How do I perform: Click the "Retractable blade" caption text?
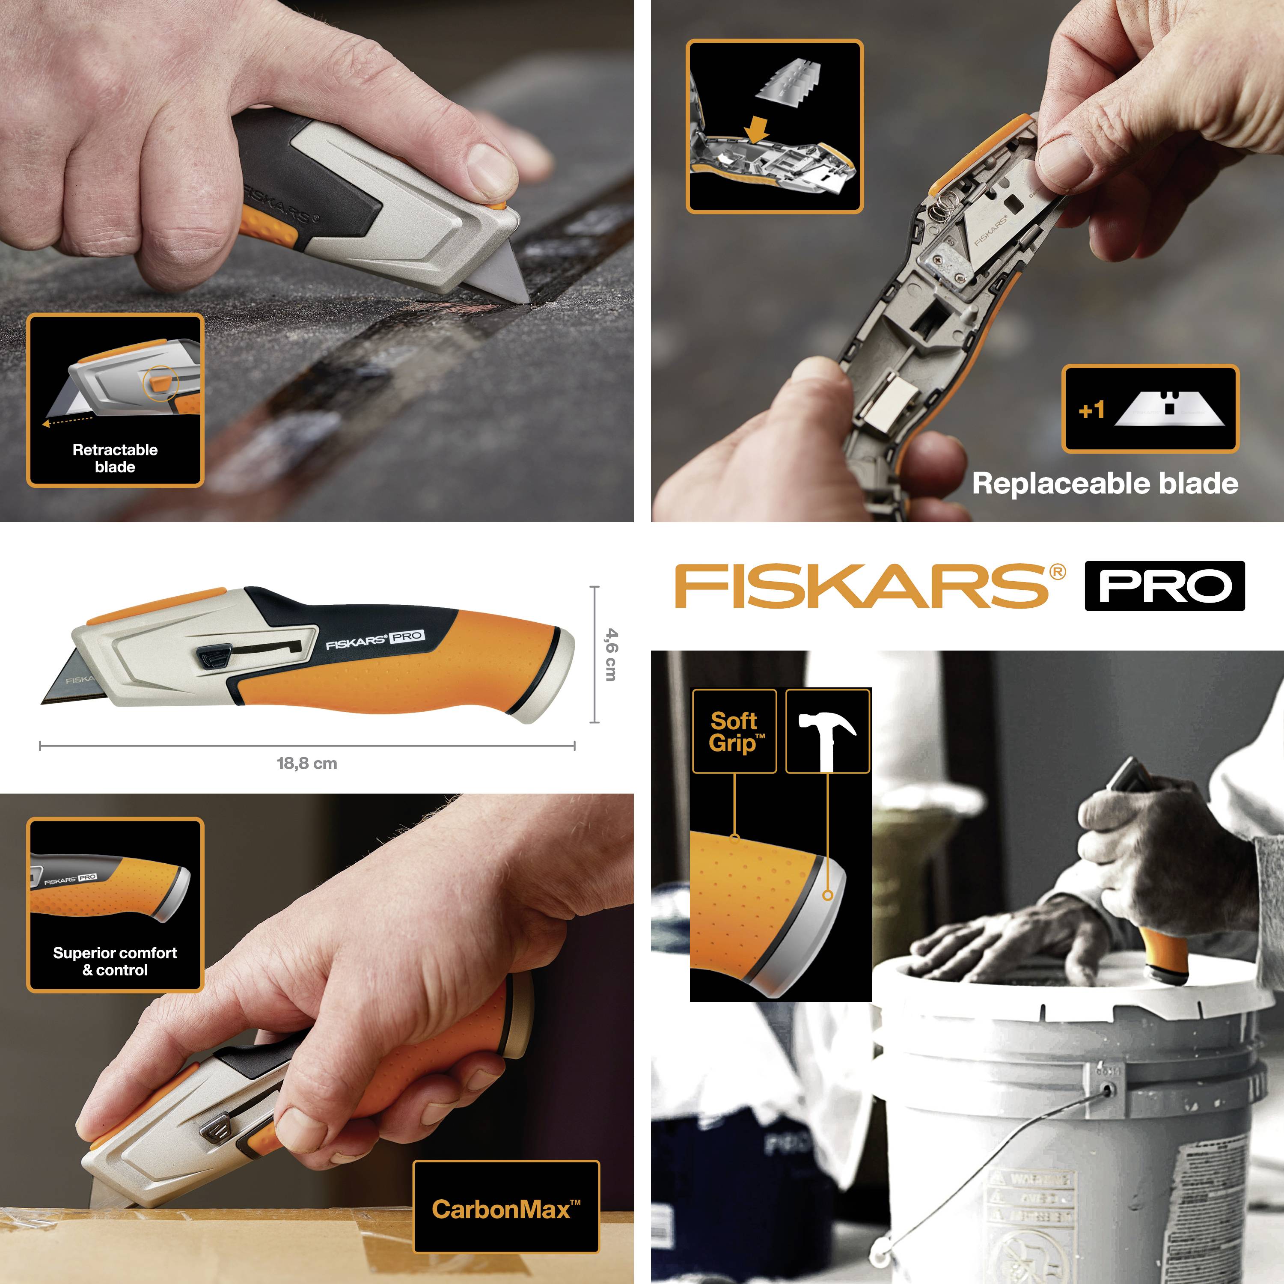pos(115,458)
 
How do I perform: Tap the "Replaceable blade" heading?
pos(1105,483)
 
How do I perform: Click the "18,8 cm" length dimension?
pos(306,763)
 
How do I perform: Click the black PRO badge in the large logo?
pos(1164,586)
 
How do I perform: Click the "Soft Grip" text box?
pos(734,731)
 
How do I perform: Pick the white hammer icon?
pos(827,736)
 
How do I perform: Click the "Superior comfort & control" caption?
pos(115,961)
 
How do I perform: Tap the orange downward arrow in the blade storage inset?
pos(756,129)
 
